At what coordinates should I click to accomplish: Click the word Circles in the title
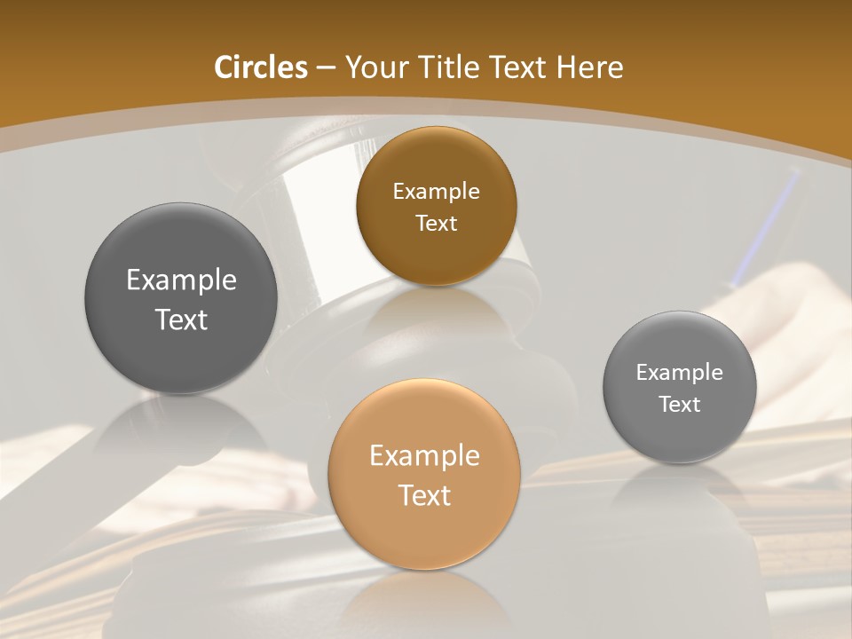coord(261,67)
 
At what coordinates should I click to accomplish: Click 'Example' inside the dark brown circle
coord(436,192)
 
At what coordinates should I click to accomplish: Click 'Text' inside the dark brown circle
coord(436,224)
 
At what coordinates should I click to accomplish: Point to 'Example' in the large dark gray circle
coord(181,280)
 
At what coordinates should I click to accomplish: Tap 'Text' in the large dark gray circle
coord(181,319)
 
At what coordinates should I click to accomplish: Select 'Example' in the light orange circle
coord(424,456)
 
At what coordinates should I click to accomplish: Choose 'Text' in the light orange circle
coord(424,495)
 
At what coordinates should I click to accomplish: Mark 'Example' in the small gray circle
coord(679,373)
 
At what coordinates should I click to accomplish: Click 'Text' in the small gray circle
coord(679,405)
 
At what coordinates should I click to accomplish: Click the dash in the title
coord(325,68)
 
